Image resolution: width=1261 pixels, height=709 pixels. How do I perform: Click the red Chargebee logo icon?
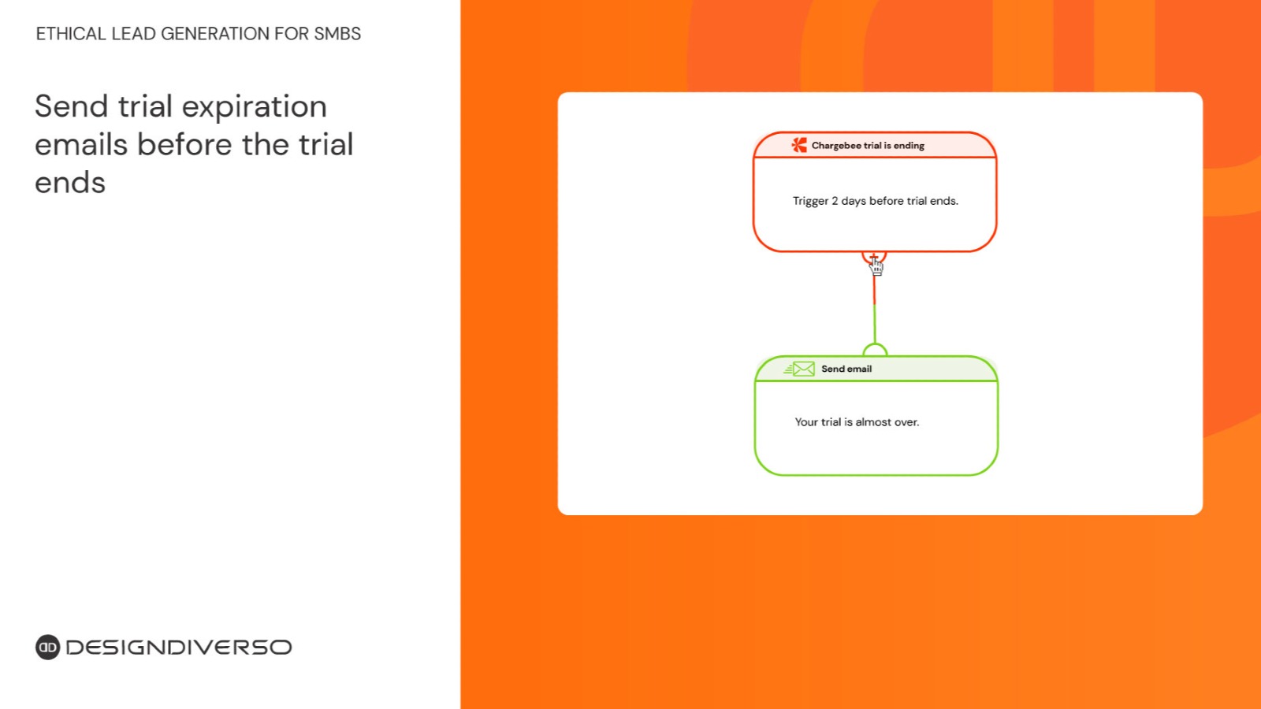[x=799, y=145]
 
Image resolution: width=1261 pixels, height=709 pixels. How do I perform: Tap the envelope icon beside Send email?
[x=799, y=369]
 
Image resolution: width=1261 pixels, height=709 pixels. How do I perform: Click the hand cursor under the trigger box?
[x=876, y=265]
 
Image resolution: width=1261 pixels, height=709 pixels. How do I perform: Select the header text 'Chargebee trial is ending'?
[x=868, y=146]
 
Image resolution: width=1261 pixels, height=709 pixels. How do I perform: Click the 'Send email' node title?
[x=846, y=369]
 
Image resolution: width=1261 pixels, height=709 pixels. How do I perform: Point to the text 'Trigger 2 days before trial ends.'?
[x=876, y=201]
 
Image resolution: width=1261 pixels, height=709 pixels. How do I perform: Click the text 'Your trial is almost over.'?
[x=857, y=422]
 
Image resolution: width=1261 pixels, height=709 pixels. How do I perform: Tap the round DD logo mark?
[x=48, y=647]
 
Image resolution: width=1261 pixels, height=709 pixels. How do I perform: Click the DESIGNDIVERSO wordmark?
[x=179, y=647]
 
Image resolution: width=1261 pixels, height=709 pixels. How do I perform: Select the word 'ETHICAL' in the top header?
[x=71, y=34]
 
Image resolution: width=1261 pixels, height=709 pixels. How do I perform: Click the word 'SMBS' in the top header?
[x=337, y=34]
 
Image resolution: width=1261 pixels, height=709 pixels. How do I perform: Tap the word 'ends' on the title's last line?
[x=70, y=183]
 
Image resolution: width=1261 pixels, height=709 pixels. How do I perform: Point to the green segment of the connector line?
[x=875, y=324]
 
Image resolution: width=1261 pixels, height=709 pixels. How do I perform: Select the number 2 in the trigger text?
[x=835, y=201]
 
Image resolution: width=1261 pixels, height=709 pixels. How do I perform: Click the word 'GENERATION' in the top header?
[x=215, y=34]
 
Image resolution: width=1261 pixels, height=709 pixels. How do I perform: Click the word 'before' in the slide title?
[x=184, y=145]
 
